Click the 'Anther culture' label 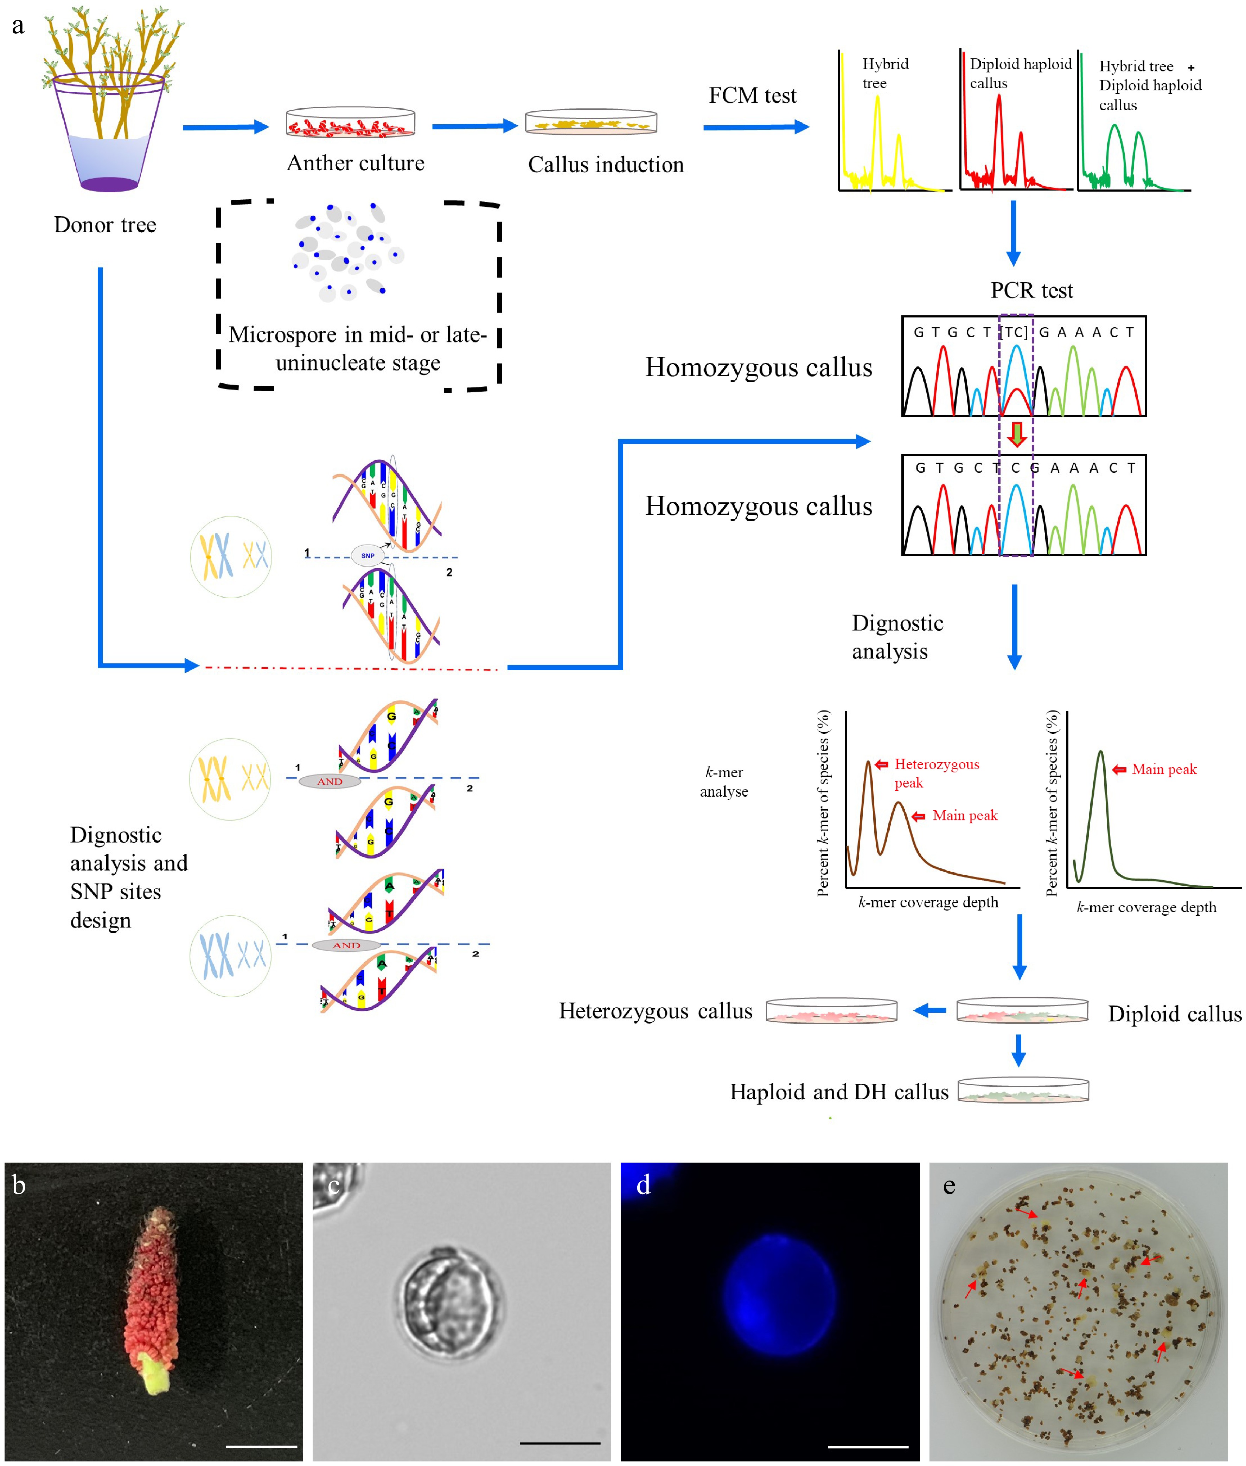[355, 163]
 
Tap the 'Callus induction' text [605, 165]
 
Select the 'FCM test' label [752, 95]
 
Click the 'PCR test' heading [1031, 290]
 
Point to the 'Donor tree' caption [105, 225]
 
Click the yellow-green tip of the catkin [157, 1374]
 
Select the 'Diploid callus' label [1174, 1014]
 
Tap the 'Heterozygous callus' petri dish [831, 1011]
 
